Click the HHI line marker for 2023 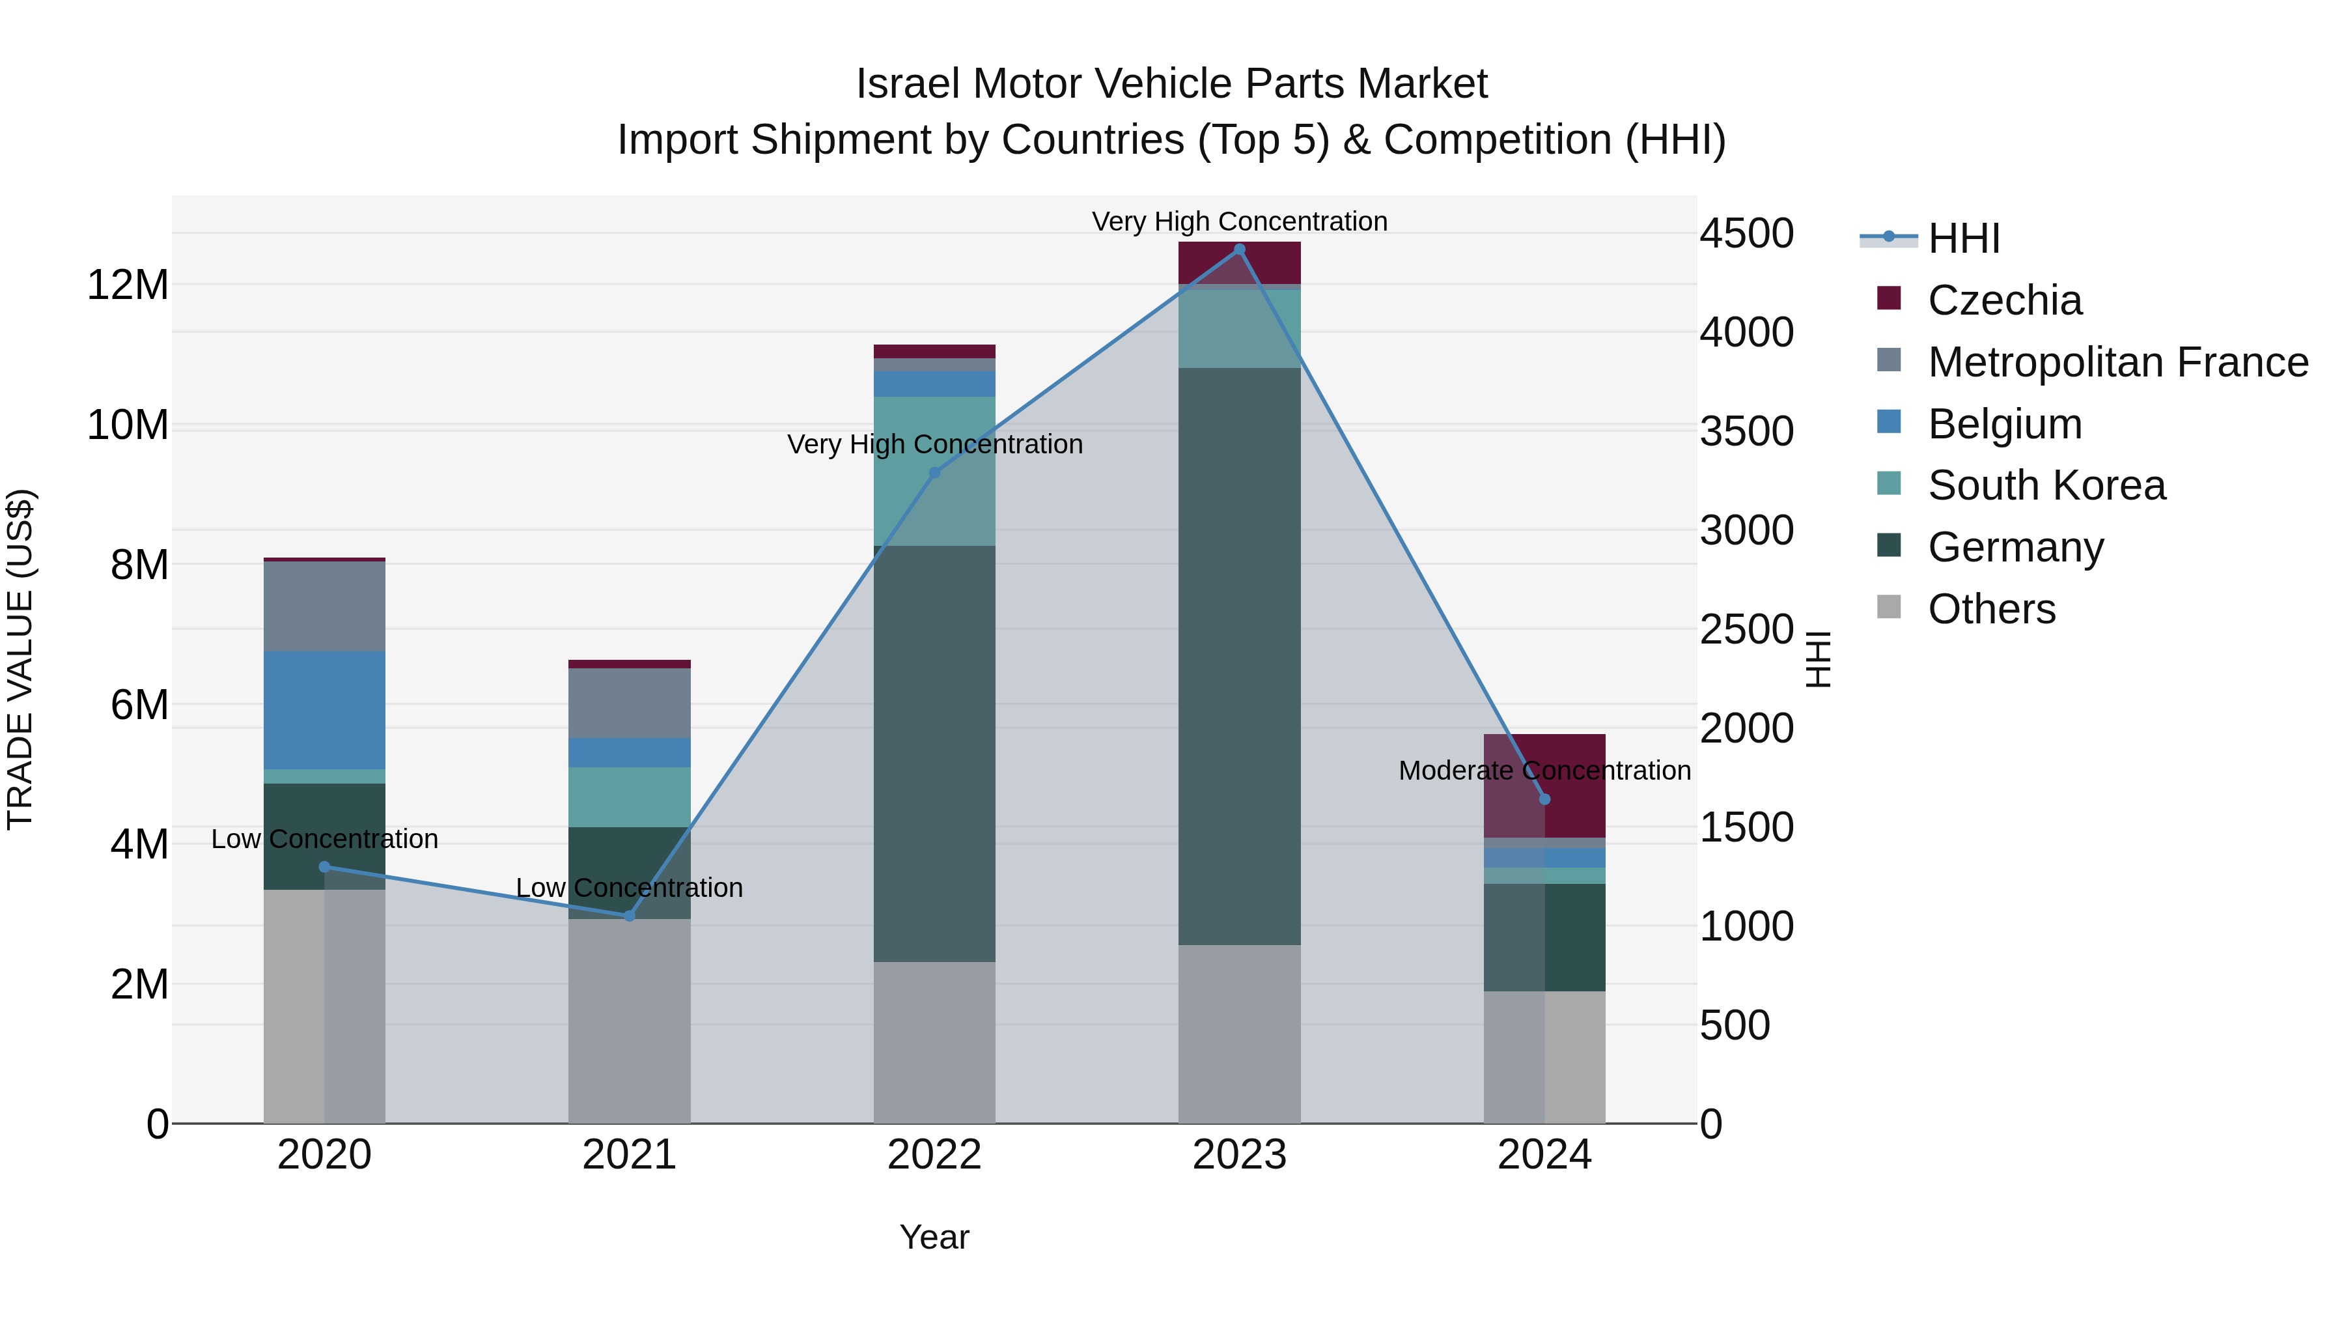(1238, 249)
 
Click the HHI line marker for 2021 (629, 916)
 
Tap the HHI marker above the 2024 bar (1544, 799)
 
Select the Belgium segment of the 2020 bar (324, 710)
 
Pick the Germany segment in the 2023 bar (1238, 655)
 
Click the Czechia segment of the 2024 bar (1544, 785)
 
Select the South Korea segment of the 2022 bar (934, 472)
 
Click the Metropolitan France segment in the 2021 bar (629, 703)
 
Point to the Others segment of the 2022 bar (934, 1042)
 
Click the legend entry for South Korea (2046, 485)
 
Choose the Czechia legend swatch (1889, 298)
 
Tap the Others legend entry (1991, 609)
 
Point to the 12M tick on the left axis (128, 285)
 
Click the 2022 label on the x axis (934, 1155)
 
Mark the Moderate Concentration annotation (1544, 770)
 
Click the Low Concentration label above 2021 (629, 888)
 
